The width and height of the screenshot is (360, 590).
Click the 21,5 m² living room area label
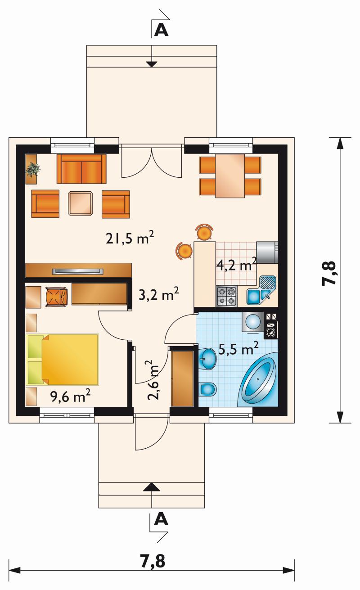(130, 238)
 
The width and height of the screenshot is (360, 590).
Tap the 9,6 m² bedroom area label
(71, 396)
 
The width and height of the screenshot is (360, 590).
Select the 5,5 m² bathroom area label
(238, 348)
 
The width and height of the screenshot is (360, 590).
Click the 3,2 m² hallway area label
(159, 294)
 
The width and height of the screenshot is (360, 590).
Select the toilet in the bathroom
(207, 389)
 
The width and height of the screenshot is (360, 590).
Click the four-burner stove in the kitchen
(226, 296)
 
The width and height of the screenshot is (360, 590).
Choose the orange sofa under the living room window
(81, 169)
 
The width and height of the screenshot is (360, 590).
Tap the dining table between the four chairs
(230, 176)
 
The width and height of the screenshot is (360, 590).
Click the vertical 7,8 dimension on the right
(329, 273)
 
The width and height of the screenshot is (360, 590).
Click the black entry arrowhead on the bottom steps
(152, 487)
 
